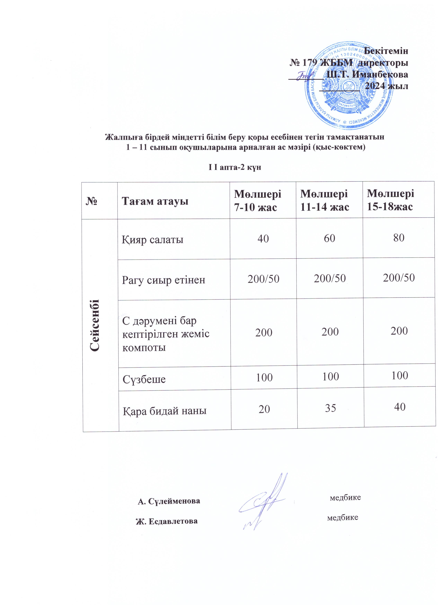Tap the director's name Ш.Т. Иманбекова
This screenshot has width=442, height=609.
click(368, 74)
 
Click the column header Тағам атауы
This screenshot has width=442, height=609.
click(155, 201)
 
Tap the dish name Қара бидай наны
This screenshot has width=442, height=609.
click(165, 411)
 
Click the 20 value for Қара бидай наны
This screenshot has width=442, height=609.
click(264, 409)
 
